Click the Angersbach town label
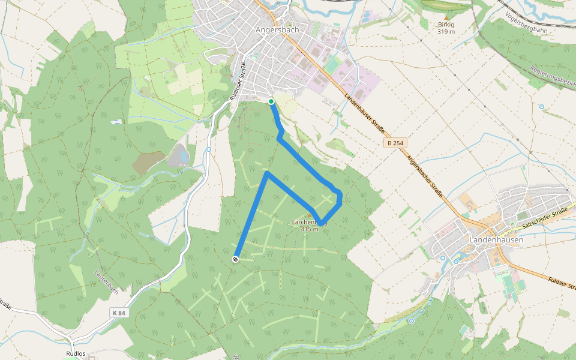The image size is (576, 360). point(277,29)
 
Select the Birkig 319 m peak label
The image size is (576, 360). point(447,28)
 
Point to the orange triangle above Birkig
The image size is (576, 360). point(447,19)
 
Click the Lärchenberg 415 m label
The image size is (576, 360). point(310,226)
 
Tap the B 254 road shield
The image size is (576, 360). point(395,143)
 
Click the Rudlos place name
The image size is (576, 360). point(76,354)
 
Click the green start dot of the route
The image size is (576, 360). point(271,101)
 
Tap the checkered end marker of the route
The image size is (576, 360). point(235,259)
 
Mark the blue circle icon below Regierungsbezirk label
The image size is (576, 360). point(542,107)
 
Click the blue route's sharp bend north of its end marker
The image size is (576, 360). point(267,174)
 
